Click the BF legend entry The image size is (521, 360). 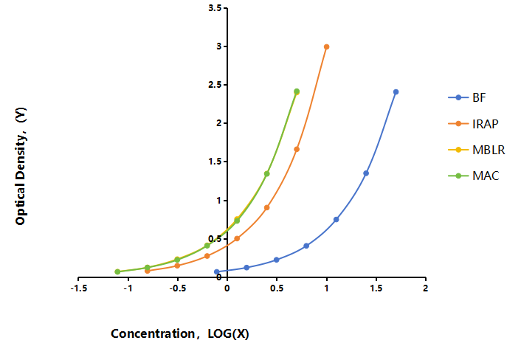467,97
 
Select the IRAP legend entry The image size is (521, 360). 473,123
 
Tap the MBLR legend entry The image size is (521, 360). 477,150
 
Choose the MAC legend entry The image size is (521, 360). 474,176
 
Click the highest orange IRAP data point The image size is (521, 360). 327,46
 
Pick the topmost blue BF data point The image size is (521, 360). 396,92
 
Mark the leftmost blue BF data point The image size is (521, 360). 217,271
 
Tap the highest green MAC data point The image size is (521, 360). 297,91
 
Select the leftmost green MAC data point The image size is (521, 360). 117,271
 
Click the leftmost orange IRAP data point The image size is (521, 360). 147,271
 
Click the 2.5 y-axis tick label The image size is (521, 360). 215,85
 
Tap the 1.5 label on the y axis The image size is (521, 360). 215,162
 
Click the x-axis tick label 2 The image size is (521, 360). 425,288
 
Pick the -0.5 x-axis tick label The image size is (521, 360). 178,288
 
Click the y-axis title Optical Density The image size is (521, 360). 20,167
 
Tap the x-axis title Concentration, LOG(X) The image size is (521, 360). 180,333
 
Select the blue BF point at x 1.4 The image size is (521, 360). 366,173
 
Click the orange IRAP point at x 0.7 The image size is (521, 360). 297,150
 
